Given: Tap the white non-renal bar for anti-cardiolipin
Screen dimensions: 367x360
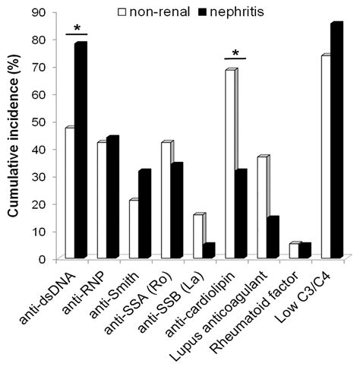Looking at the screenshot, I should pos(231,164).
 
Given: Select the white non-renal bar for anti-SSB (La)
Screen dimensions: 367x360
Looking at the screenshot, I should pos(198,236).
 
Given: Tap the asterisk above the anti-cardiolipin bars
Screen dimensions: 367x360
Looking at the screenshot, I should pos(237,53).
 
